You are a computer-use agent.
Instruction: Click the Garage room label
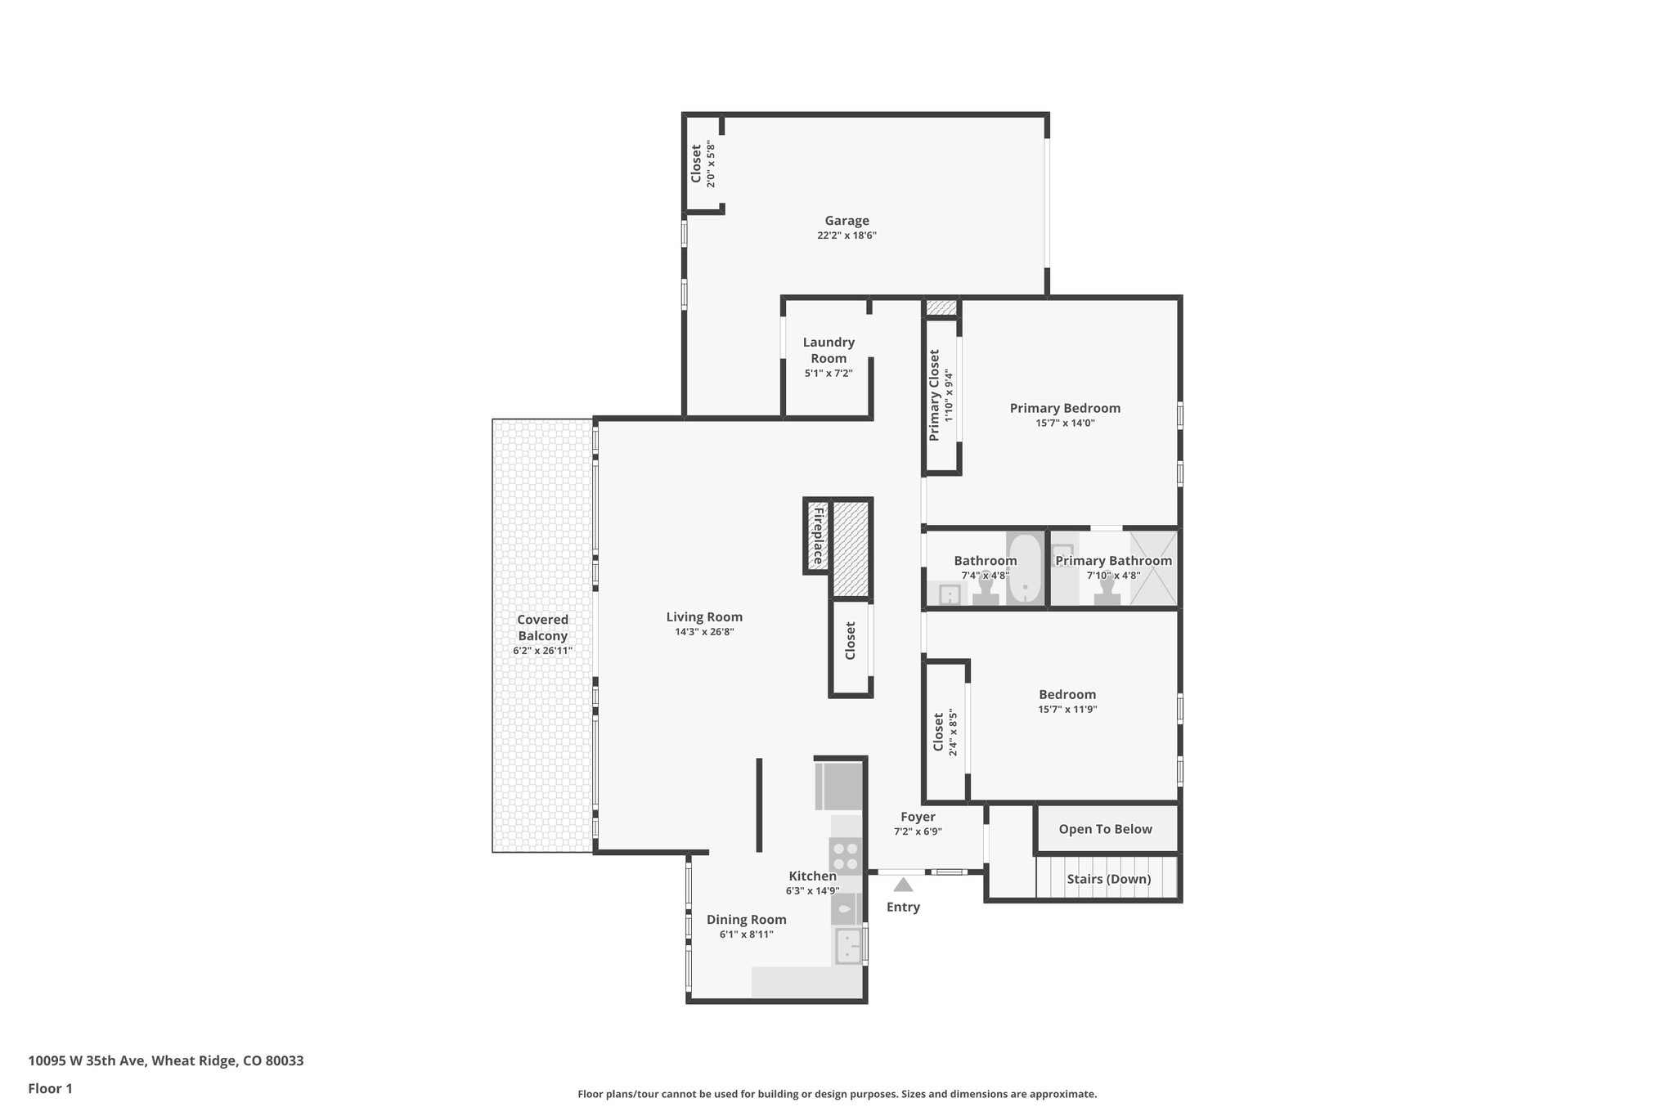(846, 221)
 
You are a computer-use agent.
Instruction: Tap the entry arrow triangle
(903, 885)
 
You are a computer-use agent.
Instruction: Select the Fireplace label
(817, 536)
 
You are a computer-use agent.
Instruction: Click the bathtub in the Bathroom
(1024, 569)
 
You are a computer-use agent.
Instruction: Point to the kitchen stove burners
(846, 855)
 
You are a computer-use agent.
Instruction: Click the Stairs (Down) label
(1108, 879)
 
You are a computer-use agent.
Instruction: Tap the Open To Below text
(1105, 829)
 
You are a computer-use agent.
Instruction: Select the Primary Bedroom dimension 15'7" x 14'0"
(1065, 423)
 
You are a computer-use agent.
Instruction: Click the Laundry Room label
(829, 350)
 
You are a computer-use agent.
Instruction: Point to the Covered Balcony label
(542, 628)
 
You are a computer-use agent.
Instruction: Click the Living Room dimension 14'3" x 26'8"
(704, 632)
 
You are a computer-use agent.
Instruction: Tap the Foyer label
(918, 817)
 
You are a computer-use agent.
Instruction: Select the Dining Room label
(746, 920)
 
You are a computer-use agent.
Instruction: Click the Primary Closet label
(934, 396)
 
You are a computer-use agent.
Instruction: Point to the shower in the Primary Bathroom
(1153, 568)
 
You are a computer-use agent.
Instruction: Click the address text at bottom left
(166, 1061)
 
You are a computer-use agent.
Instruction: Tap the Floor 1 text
(51, 1088)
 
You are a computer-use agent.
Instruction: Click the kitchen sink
(849, 947)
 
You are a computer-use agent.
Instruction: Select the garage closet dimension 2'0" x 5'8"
(711, 165)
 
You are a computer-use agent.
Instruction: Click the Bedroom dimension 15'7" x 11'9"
(1067, 710)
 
